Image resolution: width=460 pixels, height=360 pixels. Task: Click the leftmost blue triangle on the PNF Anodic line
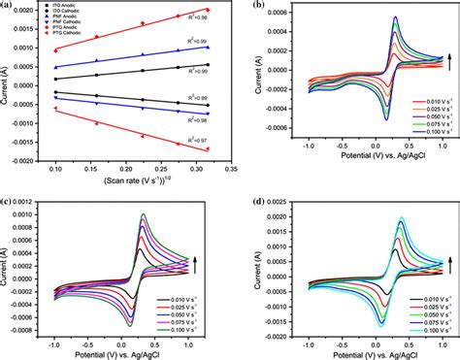55,68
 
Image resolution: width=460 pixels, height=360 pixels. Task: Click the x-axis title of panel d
356,351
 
